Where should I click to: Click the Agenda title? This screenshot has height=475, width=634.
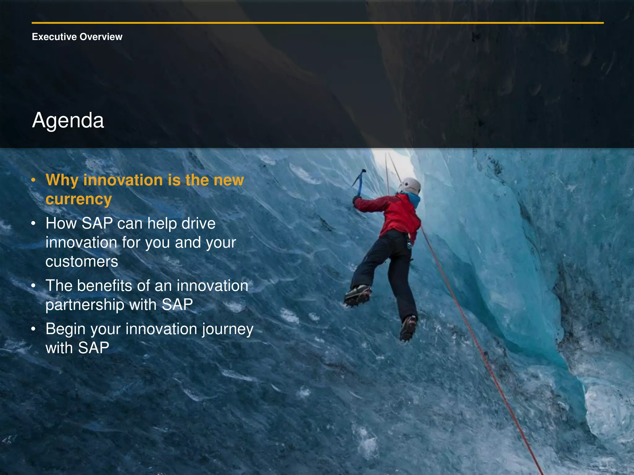pyautogui.click(x=68, y=120)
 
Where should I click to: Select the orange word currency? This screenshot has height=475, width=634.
pyautogui.click(x=78, y=199)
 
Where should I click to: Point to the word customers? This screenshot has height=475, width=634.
pyautogui.click(x=82, y=262)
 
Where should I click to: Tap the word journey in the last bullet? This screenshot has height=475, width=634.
pyautogui.click(x=228, y=329)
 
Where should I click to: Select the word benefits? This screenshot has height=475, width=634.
pyautogui.click(x=104, y=285)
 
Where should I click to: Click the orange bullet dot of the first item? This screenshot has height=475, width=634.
pyautogui.click(x=34, y=180)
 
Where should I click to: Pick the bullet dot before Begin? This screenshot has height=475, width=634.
pyautogui.click(x=34, y=329)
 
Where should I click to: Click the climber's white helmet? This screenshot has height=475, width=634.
pyautogui.click(x=410, y=186)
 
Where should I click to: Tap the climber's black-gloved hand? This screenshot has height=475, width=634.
pyautogui.click(x=357, y=200)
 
